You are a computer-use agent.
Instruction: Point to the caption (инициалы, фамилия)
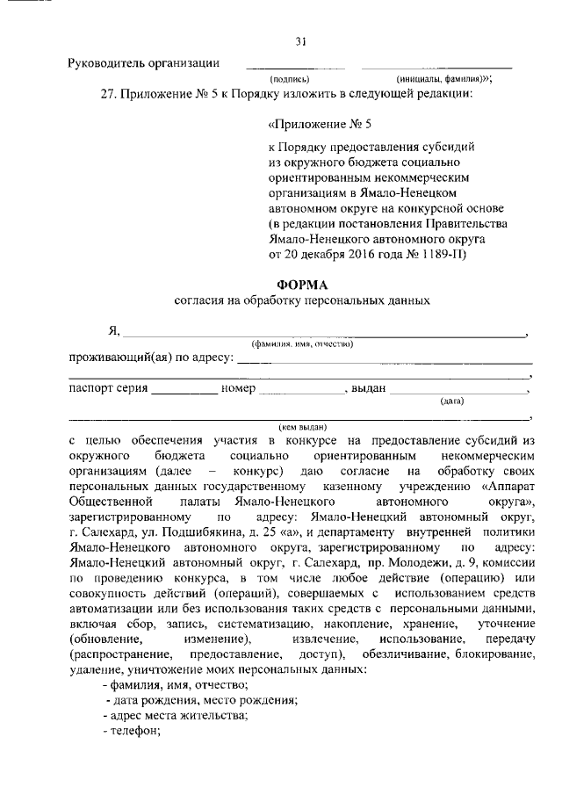tap(443, 78)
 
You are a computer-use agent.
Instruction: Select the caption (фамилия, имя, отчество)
tap(301, 343)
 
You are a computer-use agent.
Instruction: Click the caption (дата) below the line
tap(452, 401)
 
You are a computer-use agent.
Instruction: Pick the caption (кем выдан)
tap(300, 424)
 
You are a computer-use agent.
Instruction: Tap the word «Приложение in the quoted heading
tap(314, 125)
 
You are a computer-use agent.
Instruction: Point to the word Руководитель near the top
tap(106, 63)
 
